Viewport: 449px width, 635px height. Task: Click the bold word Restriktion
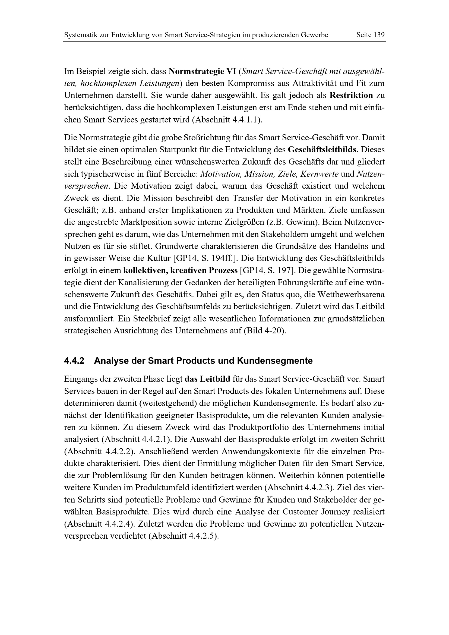point(351,96)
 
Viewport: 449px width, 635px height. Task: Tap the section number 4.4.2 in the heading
point(74,361)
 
